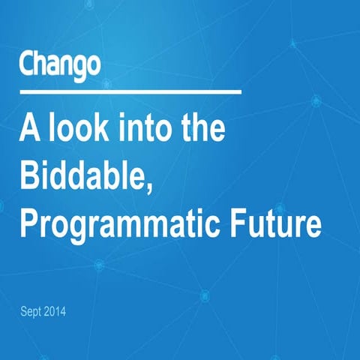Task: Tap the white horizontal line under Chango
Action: tap(130, 92)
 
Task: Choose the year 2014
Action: tap(56, 310)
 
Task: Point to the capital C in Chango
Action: tap(27, 65)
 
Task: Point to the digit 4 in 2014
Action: tap(64, 310)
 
